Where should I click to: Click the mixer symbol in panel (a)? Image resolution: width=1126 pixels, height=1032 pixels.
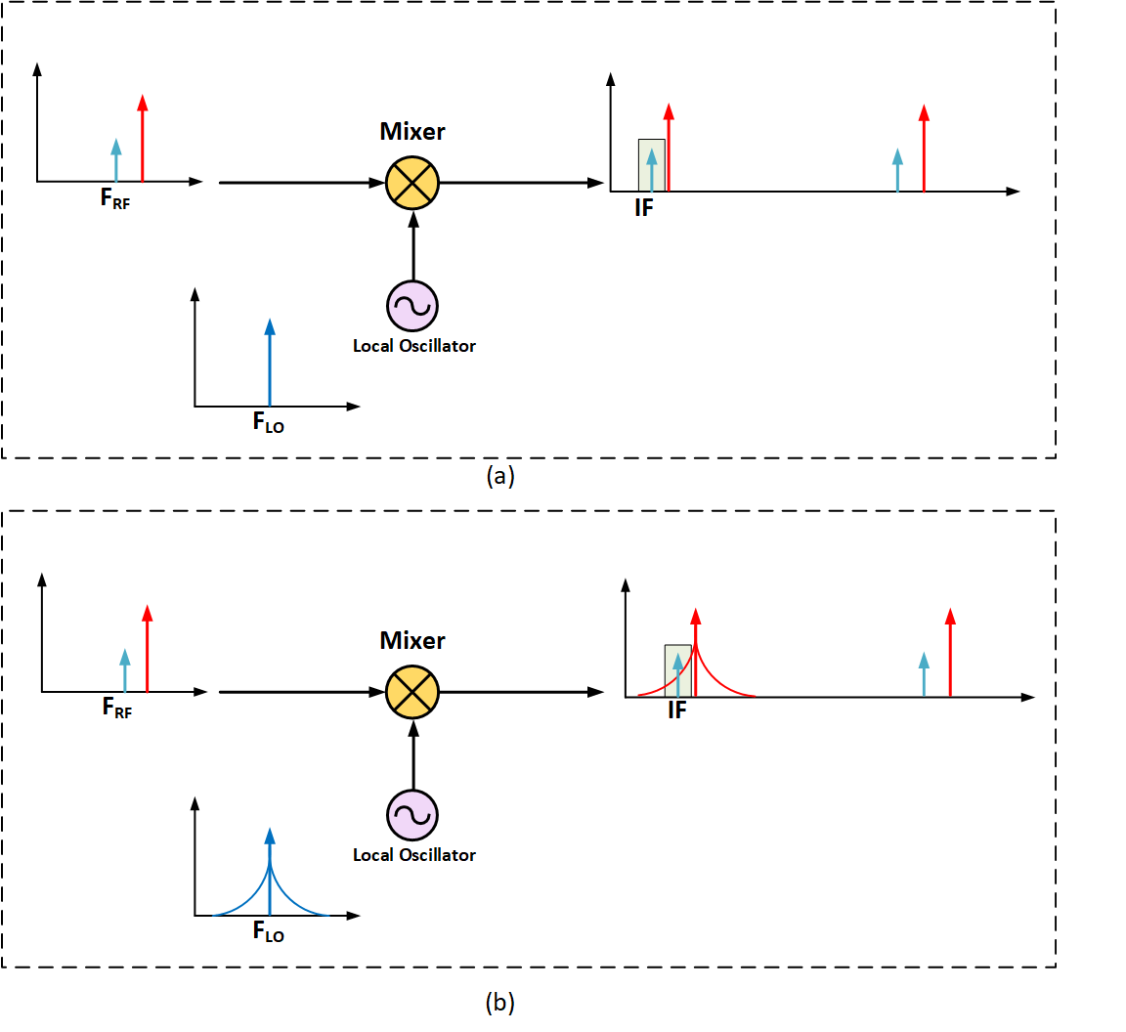(x=412, y=182)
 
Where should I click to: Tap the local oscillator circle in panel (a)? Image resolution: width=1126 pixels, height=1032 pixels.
(x=412, y=306)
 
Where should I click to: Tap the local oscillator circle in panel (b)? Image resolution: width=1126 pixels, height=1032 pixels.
(x=412, y=815)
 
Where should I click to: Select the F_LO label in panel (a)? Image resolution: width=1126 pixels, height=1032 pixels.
(x=269, y=423)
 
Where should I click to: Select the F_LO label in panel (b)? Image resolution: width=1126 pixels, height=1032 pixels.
(x=269, y=932)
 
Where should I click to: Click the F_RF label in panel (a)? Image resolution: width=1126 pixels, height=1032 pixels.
(x=115, y=198)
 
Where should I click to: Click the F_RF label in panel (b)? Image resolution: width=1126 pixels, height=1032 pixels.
(x=117, y=708)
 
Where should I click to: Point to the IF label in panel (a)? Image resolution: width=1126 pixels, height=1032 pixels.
(x=643, y=208)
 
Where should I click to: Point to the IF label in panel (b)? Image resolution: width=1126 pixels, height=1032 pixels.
(x=676, y=711)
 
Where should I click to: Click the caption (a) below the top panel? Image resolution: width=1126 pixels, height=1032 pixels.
(x=499, y=476)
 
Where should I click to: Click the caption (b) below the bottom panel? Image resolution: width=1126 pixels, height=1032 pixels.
(x=499, y=1002)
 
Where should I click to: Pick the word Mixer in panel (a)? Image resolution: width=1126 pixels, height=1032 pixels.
(x=412, y=131)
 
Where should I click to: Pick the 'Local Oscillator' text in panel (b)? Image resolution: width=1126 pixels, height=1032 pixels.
(x=414, y=855)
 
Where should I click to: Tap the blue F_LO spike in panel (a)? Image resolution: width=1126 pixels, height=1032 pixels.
(x=270, y=362)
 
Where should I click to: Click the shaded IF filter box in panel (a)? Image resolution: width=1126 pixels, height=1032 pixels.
(x=651, y=164)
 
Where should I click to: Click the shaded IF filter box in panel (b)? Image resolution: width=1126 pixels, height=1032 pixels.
(x=677, y=670)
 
